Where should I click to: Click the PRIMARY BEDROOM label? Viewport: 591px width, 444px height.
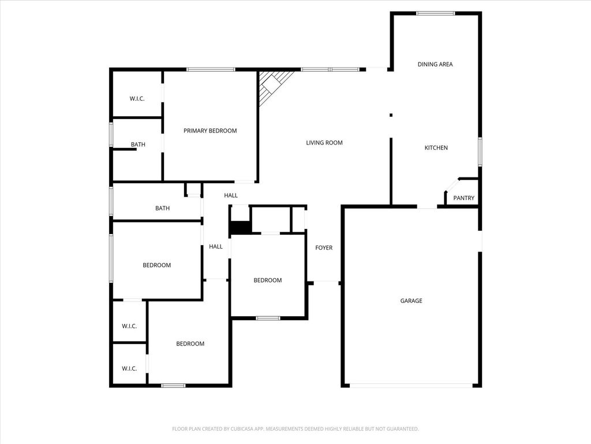tap(210, 131)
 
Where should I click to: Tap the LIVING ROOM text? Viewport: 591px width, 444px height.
tap(324, 143)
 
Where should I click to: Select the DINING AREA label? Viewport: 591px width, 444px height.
tap(435, 64)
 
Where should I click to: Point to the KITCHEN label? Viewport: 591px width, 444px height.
tap(436, 147)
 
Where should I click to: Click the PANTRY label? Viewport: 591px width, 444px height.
tap(463, 198)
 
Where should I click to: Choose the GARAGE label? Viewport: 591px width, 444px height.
tap(411, 301)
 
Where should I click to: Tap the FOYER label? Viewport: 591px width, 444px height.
tap(324, 247)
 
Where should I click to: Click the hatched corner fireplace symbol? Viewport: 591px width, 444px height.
tap(272, 86)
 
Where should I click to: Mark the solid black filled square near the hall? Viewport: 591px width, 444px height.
tap(241, 228)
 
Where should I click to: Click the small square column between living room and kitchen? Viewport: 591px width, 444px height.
tap(391, 115)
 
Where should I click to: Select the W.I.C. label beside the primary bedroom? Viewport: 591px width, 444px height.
tap(137, 98)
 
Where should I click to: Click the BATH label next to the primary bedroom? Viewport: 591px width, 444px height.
tap(138, 144)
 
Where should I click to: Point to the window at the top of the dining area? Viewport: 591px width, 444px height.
tap(435, 14)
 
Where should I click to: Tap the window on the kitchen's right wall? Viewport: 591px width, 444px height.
tap(480, 152)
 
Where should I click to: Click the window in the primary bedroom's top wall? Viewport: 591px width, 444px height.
tap(211, 69)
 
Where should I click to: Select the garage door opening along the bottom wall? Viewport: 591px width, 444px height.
tap(411, 386)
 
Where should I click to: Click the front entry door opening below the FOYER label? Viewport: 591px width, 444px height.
tap(326, 282)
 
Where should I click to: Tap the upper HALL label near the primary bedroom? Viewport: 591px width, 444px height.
tap(231, 195)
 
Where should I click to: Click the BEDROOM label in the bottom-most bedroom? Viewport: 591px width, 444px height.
tap(190, 343)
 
